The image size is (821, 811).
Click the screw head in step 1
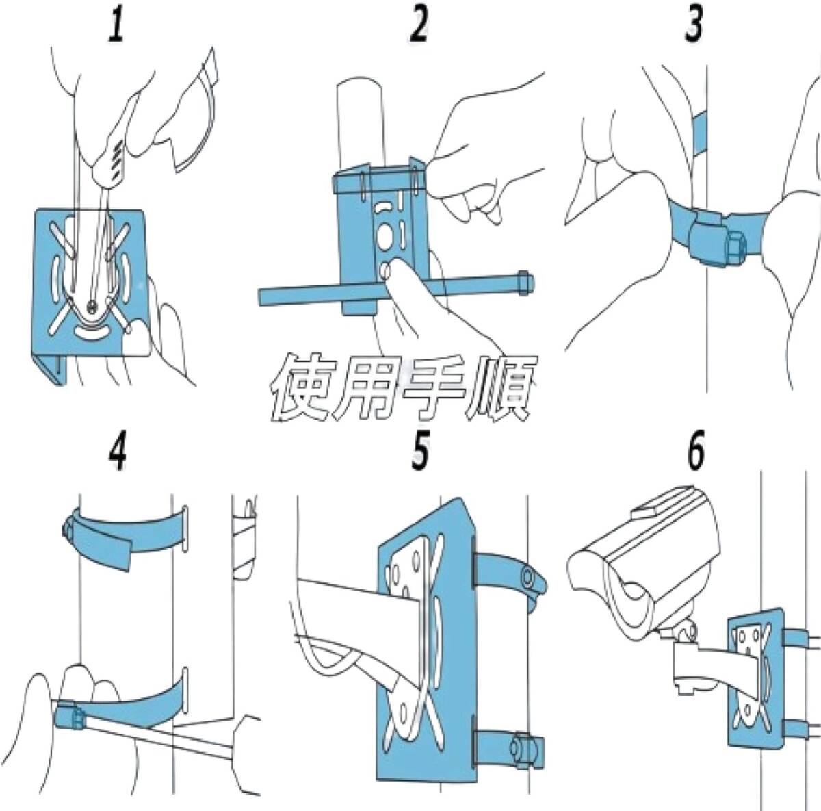[92, 305]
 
